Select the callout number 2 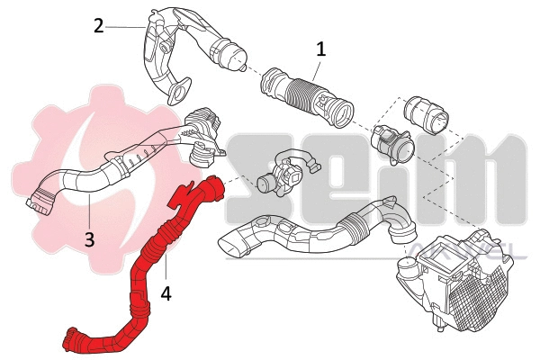tap(98, 25)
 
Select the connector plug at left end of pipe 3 tap(40, 199)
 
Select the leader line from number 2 tap(126, 27)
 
